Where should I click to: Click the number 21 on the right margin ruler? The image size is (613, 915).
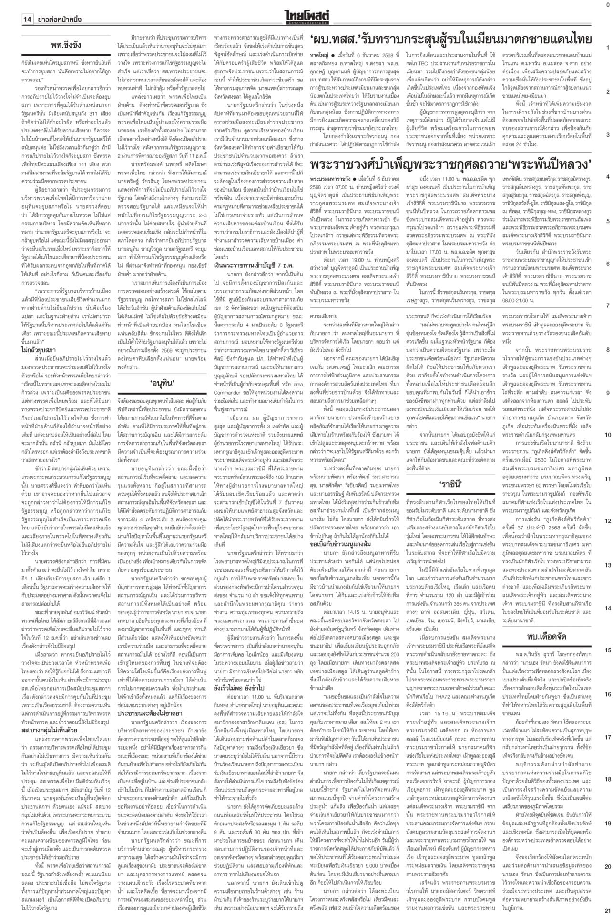(608, 910)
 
